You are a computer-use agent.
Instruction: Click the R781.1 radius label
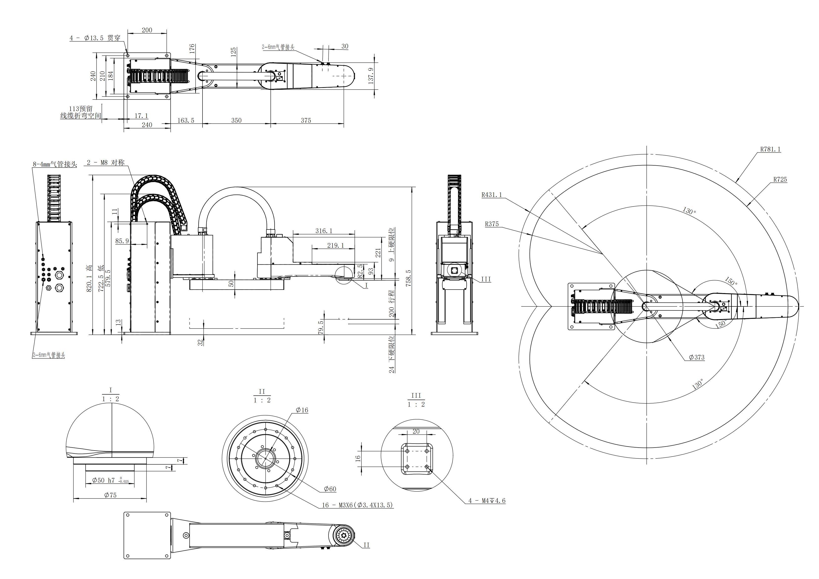[x=770, y=150]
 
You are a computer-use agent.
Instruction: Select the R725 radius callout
[x=780, y=180]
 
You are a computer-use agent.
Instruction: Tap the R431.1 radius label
[x=491, y=195]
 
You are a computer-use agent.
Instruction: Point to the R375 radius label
[x=491, y=224]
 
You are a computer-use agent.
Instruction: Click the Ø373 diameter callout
[x=696, y=357]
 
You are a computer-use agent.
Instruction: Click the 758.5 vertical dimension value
[x=409, y=278]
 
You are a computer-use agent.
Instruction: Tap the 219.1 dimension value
[x=336, y=246]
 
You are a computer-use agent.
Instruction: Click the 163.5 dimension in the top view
[x=186, y=121]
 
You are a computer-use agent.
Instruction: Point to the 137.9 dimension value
[x=371, y=76]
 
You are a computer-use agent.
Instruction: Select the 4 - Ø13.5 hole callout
[x=95, y=38]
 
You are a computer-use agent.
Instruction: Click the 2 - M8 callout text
[x=105, y=163]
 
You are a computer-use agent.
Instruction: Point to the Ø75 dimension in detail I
[x=110, y=495]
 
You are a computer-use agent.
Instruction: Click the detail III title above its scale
[x=416, y=396]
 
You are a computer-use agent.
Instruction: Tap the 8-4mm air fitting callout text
[x=55, y=164]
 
